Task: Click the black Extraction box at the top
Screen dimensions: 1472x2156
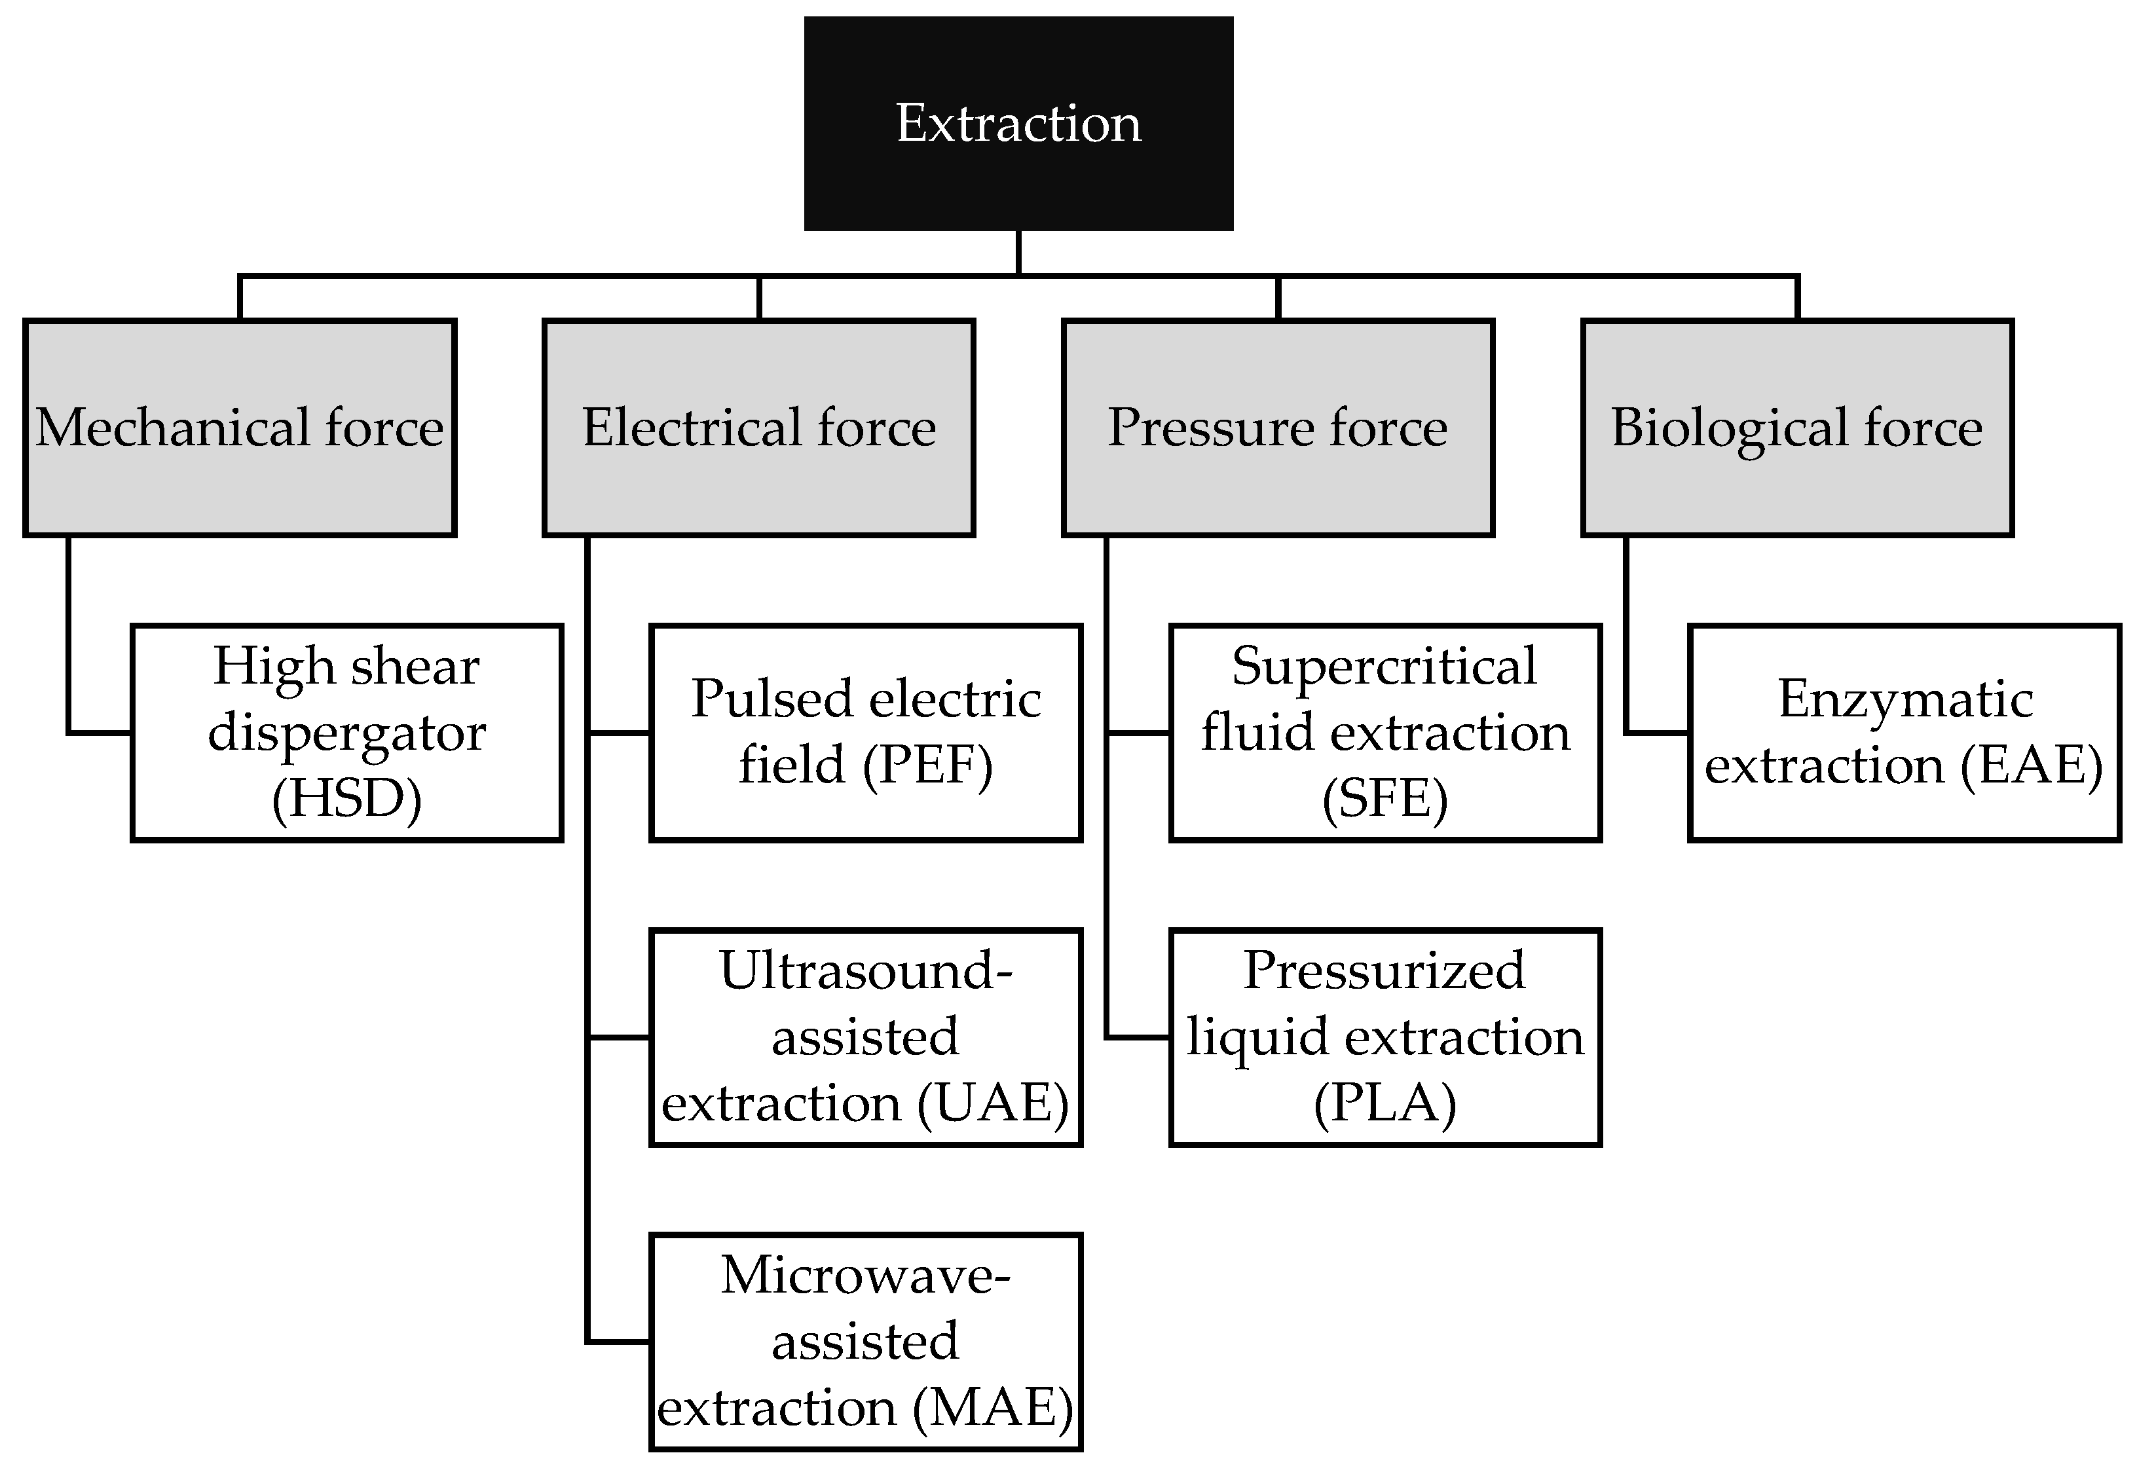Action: (1018, 122)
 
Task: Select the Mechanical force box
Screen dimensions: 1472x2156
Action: (239, 428)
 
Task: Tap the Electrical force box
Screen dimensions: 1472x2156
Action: (759, 428)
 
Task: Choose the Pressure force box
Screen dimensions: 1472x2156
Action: (1278, 428)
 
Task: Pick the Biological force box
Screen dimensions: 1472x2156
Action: (1797, 428)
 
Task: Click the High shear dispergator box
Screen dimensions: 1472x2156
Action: (347, 732)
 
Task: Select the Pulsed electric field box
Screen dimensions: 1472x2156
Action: (866, 732)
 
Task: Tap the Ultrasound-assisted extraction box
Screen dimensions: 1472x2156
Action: (866, 1037)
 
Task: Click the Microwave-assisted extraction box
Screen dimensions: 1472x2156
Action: (866, 1341)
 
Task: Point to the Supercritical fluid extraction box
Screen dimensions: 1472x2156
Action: (1385, 732)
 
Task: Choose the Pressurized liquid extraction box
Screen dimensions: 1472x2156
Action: (1385, 1037)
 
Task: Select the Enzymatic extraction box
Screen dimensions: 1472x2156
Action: (1904, 732)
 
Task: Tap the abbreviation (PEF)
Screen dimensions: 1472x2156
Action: (928, 765)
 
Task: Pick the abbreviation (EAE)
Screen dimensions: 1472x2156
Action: (2032, 765)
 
